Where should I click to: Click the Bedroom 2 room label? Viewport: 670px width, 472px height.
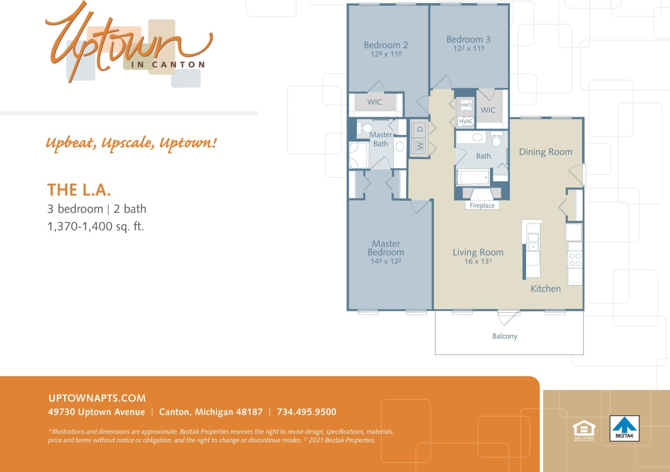point(386,45)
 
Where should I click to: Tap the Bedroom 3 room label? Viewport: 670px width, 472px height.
point(468,39)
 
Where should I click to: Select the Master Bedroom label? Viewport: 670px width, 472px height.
point(386,248)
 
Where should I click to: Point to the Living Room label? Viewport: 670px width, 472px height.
point(478,252)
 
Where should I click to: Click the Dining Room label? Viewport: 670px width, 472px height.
point(545,152)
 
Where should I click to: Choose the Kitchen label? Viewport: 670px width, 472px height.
point(545,288)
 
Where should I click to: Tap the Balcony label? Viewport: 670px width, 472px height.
point(505,336)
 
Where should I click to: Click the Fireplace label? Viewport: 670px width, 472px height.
point(482,206)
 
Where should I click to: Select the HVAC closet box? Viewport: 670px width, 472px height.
point(465,121)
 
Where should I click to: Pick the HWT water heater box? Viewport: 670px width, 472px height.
point(465,105)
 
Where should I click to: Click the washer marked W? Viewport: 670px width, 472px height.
point(419,145)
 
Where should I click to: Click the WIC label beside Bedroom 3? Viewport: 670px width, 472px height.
point(488,110)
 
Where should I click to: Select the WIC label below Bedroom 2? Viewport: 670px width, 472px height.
point(375,102)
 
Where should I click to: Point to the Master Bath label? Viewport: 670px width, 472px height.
point(381,139)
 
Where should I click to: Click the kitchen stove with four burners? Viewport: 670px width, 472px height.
point(575,259)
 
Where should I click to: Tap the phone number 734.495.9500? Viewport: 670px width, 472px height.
point(306,412)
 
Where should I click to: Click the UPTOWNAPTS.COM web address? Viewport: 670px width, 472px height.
point(97,398)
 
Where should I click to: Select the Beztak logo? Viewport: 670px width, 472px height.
point(624,428)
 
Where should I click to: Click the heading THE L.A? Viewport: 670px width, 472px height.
point(79,189)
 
